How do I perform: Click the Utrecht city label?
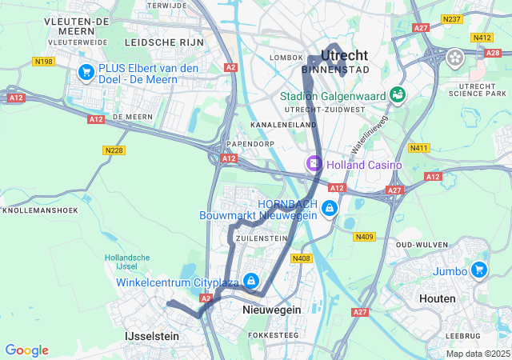coord(344,56)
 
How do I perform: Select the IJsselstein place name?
coord(152,337)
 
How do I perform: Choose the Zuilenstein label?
coord(261,238)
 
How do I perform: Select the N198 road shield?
coord(42,61)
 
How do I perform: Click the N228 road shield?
coord(114,150)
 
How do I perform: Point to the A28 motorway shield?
coord(493,52)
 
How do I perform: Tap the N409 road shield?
coord(365,236)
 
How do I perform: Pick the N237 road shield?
coord(452,18)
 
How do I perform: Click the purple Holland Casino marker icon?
coord(314,164)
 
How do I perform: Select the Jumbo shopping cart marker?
coord(479,269)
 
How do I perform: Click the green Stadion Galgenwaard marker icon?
coord(397,96)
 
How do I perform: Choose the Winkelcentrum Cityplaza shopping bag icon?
coord(251,281)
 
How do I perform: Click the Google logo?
coord(26,350)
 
